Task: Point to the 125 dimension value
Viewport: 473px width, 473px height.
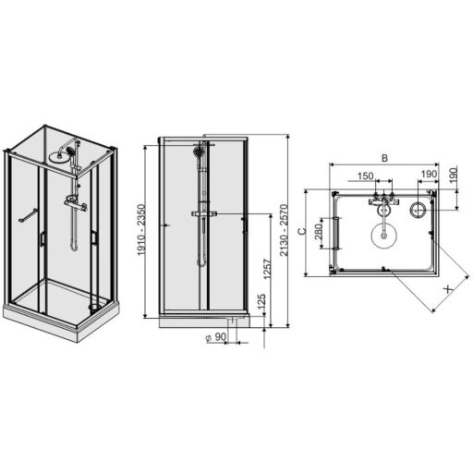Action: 261,302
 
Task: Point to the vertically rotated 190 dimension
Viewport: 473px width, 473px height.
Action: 455,176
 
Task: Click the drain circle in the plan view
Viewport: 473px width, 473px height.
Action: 418,211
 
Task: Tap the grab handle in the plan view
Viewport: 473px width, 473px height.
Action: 338,232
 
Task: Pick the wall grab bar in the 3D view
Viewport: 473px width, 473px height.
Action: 30,215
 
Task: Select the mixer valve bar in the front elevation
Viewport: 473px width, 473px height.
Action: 203,214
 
